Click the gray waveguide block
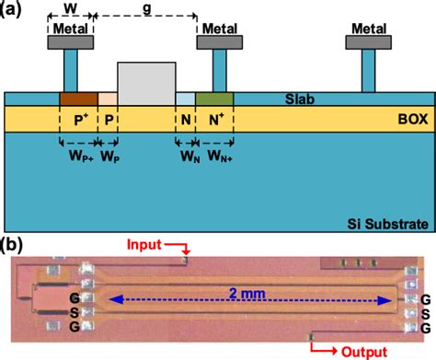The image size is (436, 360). [146, 83]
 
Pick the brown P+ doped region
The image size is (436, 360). [77, 98]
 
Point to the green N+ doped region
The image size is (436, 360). [214, 98]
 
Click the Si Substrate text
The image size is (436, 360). [392, 223]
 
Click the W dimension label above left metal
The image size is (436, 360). [69, 8]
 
